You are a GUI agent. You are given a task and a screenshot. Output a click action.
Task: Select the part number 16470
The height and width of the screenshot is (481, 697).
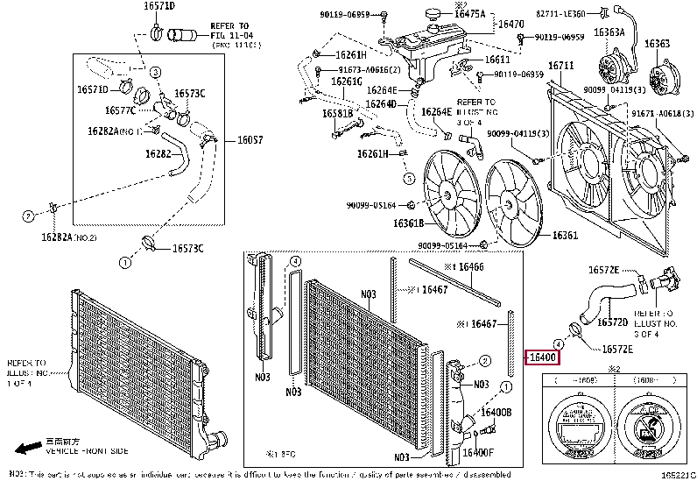(510, 25)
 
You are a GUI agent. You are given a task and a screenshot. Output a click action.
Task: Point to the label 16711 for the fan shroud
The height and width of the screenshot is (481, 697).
(561, 66)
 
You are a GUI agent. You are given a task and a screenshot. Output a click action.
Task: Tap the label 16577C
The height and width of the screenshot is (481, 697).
(120, 110)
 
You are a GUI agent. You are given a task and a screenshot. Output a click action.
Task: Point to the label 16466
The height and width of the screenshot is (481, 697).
(470, 265)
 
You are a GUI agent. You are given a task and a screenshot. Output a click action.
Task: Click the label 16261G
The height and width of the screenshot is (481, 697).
(346, 81)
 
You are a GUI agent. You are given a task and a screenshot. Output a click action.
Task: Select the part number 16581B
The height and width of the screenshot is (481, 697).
(337, 113)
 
